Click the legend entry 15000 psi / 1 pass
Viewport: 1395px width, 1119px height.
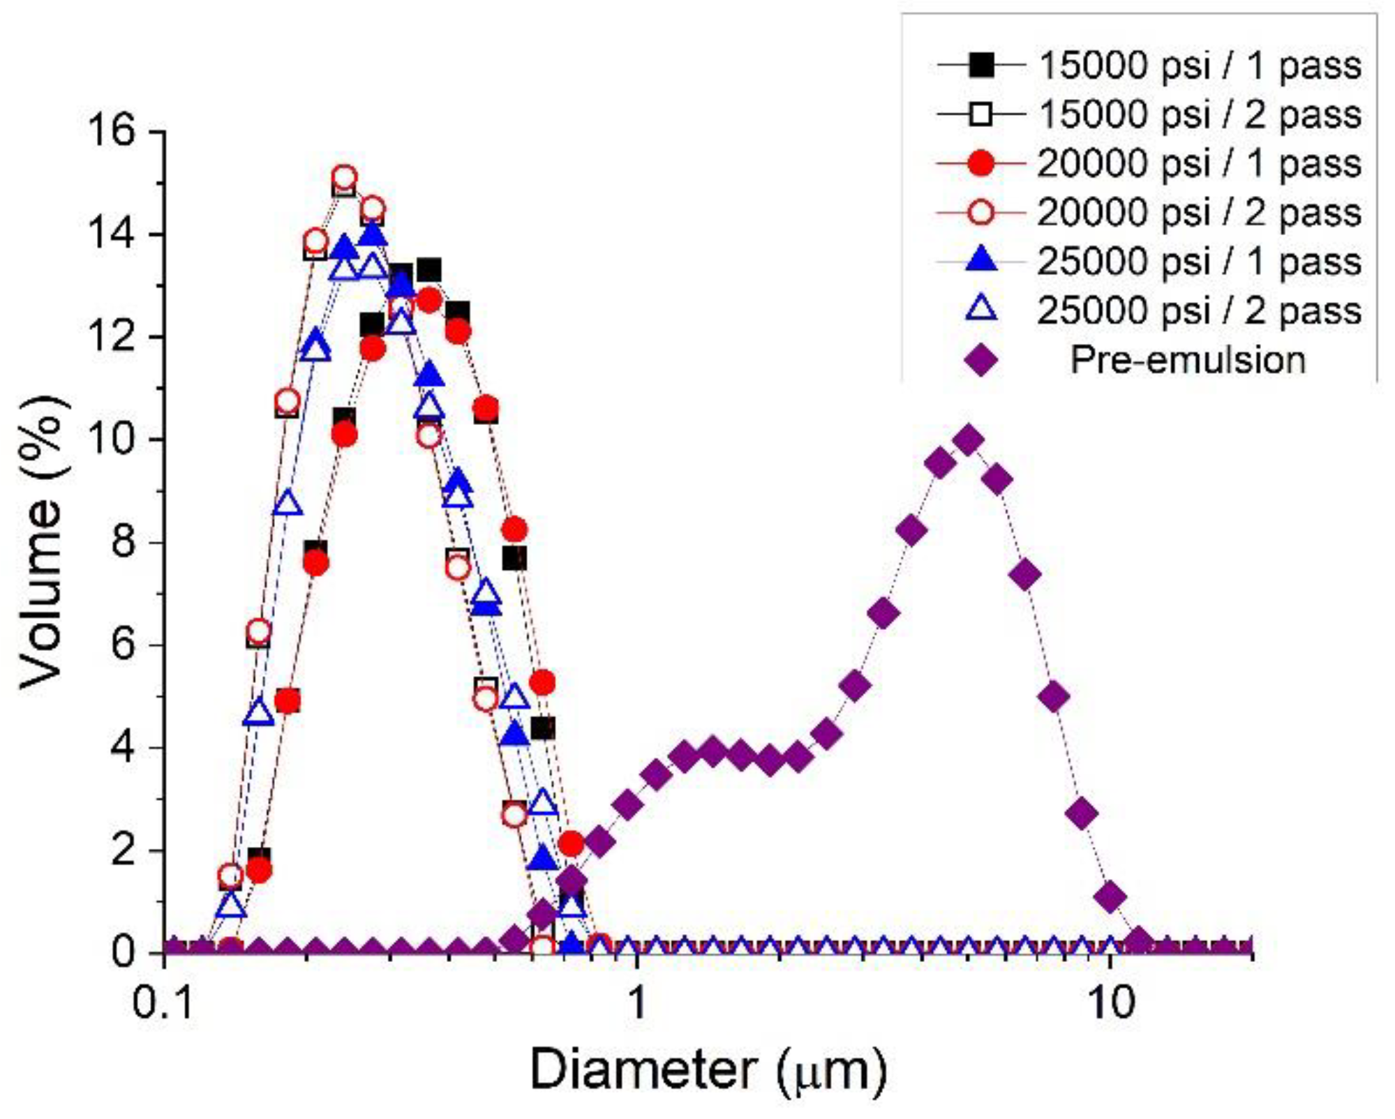[1200, 66]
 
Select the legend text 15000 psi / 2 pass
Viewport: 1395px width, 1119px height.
[1200, 114]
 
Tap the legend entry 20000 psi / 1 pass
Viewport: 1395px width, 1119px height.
[1200, 164]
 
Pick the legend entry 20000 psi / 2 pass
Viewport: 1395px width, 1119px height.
[1200, 212]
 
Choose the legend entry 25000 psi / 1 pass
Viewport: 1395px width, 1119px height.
[1200, 262]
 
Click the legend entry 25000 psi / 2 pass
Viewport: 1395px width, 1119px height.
[1200, 310]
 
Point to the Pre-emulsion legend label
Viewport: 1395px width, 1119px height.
[1188, 360]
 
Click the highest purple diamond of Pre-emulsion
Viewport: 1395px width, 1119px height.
[969, 440]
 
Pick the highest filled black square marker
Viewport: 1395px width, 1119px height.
[428, 269]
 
